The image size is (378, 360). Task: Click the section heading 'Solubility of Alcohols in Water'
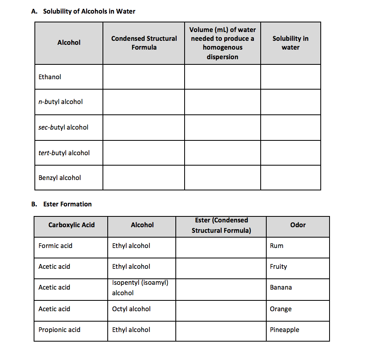[89, 11]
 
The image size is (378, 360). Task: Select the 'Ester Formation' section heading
[67, 204]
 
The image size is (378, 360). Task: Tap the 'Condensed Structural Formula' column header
[144, 43]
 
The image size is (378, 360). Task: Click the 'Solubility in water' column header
[290, 43]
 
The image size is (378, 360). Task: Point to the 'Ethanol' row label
[50, 77]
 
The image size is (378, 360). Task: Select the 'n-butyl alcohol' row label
[60, 102]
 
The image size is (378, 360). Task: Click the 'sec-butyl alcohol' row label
[63, 127]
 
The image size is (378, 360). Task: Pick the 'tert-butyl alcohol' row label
[64, 153]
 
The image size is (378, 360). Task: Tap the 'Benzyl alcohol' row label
[60, 178]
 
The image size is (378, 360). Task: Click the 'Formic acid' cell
[55, 246]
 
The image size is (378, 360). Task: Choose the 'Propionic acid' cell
[59, 330]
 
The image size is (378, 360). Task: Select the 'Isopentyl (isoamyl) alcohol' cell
[140, 288]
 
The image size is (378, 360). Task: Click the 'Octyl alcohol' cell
[131, 309]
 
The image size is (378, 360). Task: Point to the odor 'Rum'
[277, 246]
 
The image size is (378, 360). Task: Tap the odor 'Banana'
[281, 287]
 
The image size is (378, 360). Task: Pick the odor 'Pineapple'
[284, 330]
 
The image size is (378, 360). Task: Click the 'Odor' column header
[298, 225]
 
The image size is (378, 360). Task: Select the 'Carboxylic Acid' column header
[72, 225]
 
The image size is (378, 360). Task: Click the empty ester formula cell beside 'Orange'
[221, 309]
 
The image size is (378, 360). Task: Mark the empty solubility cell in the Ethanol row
[290, 77]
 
